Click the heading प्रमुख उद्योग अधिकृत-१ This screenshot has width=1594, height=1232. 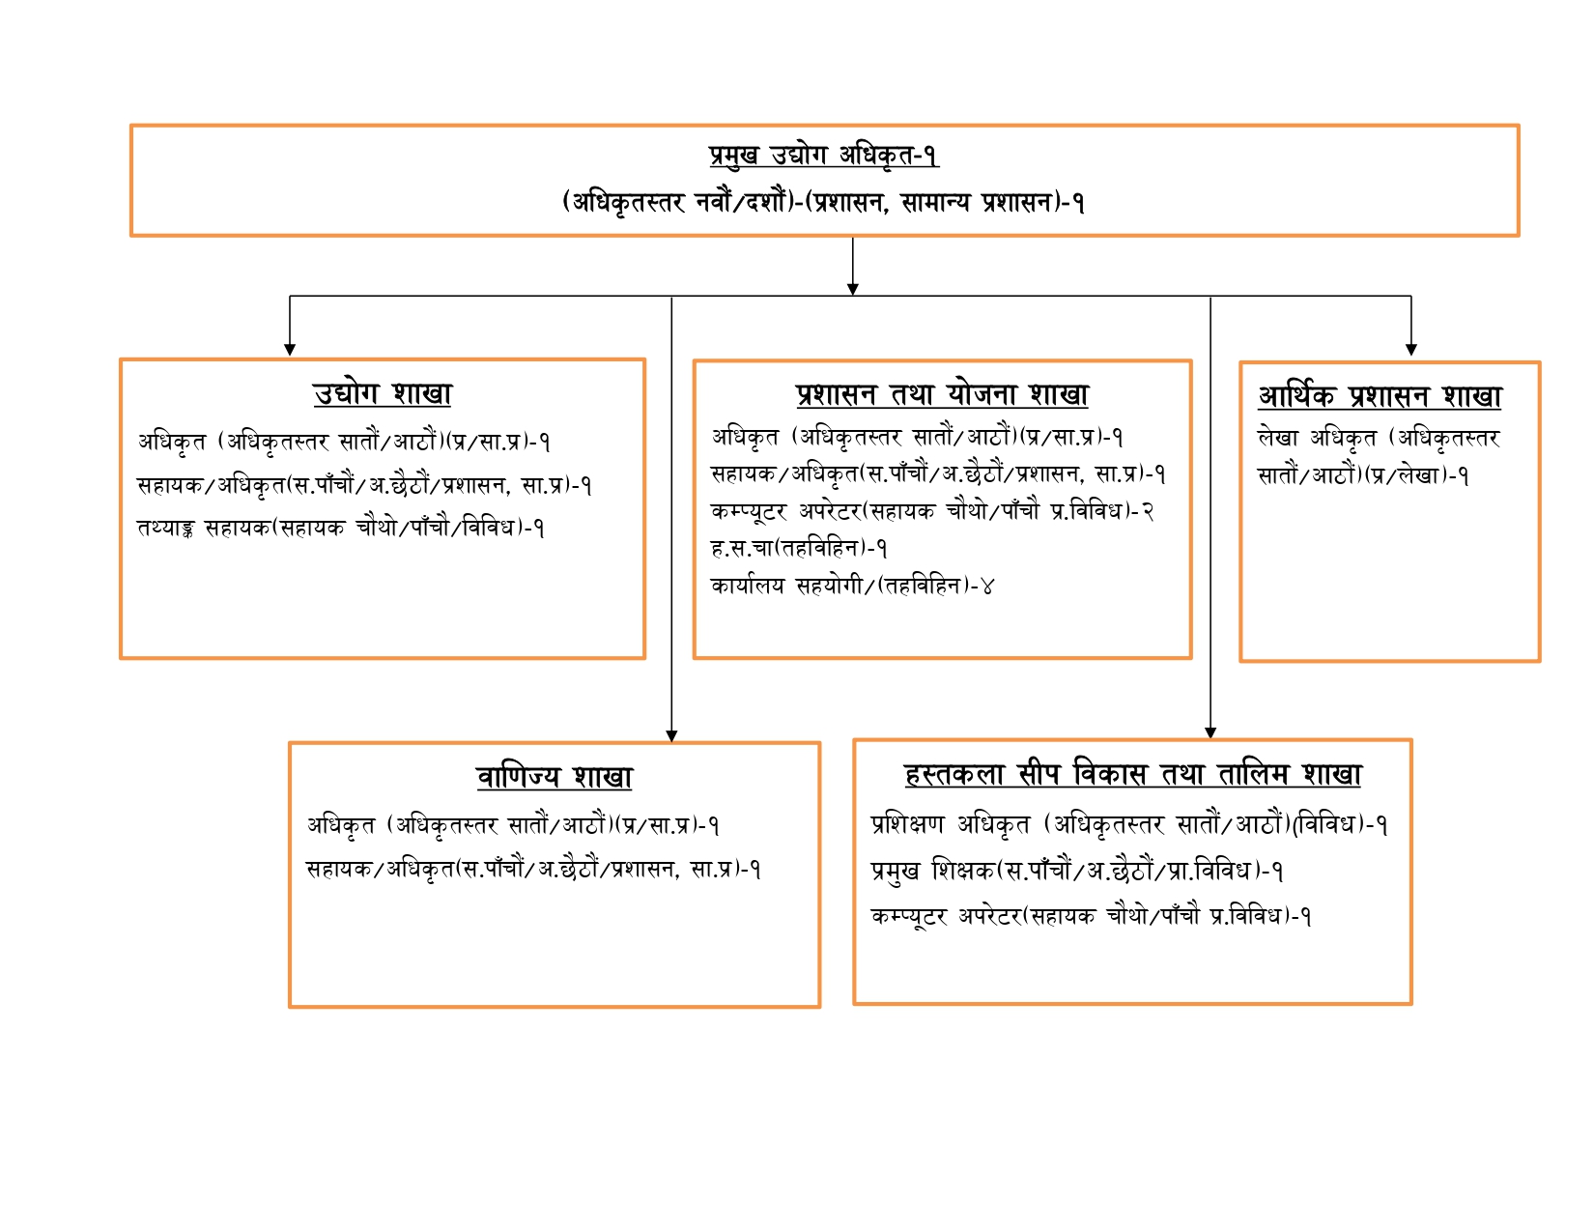[x=823, y=156]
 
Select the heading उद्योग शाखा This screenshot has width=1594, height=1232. [x=383, y=393]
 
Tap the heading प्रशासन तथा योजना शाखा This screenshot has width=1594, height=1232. [x=942, y=394]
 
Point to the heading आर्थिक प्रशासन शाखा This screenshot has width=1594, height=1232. [x=1380, y=396]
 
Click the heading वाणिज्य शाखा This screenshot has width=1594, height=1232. [x=554, y=776]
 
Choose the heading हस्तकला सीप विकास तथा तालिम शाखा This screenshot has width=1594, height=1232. [x=1132, y=774]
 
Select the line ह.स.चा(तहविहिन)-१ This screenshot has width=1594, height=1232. [x=799, y=548]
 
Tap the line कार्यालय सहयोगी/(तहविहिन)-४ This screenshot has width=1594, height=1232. [x=852, y=586]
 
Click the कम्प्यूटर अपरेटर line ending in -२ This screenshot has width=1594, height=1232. [x=932, y=511]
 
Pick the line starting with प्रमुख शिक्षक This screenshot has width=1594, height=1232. [x=1077, y=871]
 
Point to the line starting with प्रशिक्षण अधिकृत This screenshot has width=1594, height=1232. [x=1129, y=825]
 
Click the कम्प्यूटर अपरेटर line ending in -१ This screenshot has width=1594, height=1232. [x=1091, y=916]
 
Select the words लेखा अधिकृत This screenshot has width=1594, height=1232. [x=1317, y=439]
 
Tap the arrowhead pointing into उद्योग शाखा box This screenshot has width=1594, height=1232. [x=290, y=350]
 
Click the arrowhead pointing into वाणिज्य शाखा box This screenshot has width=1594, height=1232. [x=671, y=736]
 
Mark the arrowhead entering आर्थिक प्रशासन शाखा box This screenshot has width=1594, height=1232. [x=1410, y=350]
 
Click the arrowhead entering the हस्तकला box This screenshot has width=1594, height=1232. [x=1210, y=732]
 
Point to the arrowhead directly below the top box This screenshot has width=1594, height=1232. [x=852, y=289]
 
